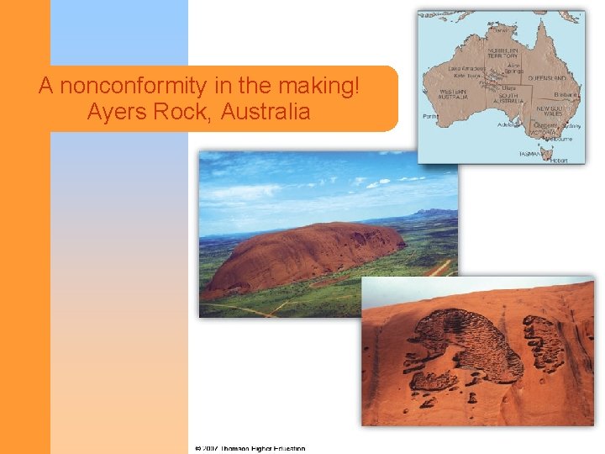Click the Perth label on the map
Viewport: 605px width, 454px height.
click(430, 115)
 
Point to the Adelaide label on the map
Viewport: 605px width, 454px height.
click(508, 124)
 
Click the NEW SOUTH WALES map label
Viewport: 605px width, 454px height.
click(550, 113)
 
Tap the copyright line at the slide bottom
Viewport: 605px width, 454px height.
click(250, 449)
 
